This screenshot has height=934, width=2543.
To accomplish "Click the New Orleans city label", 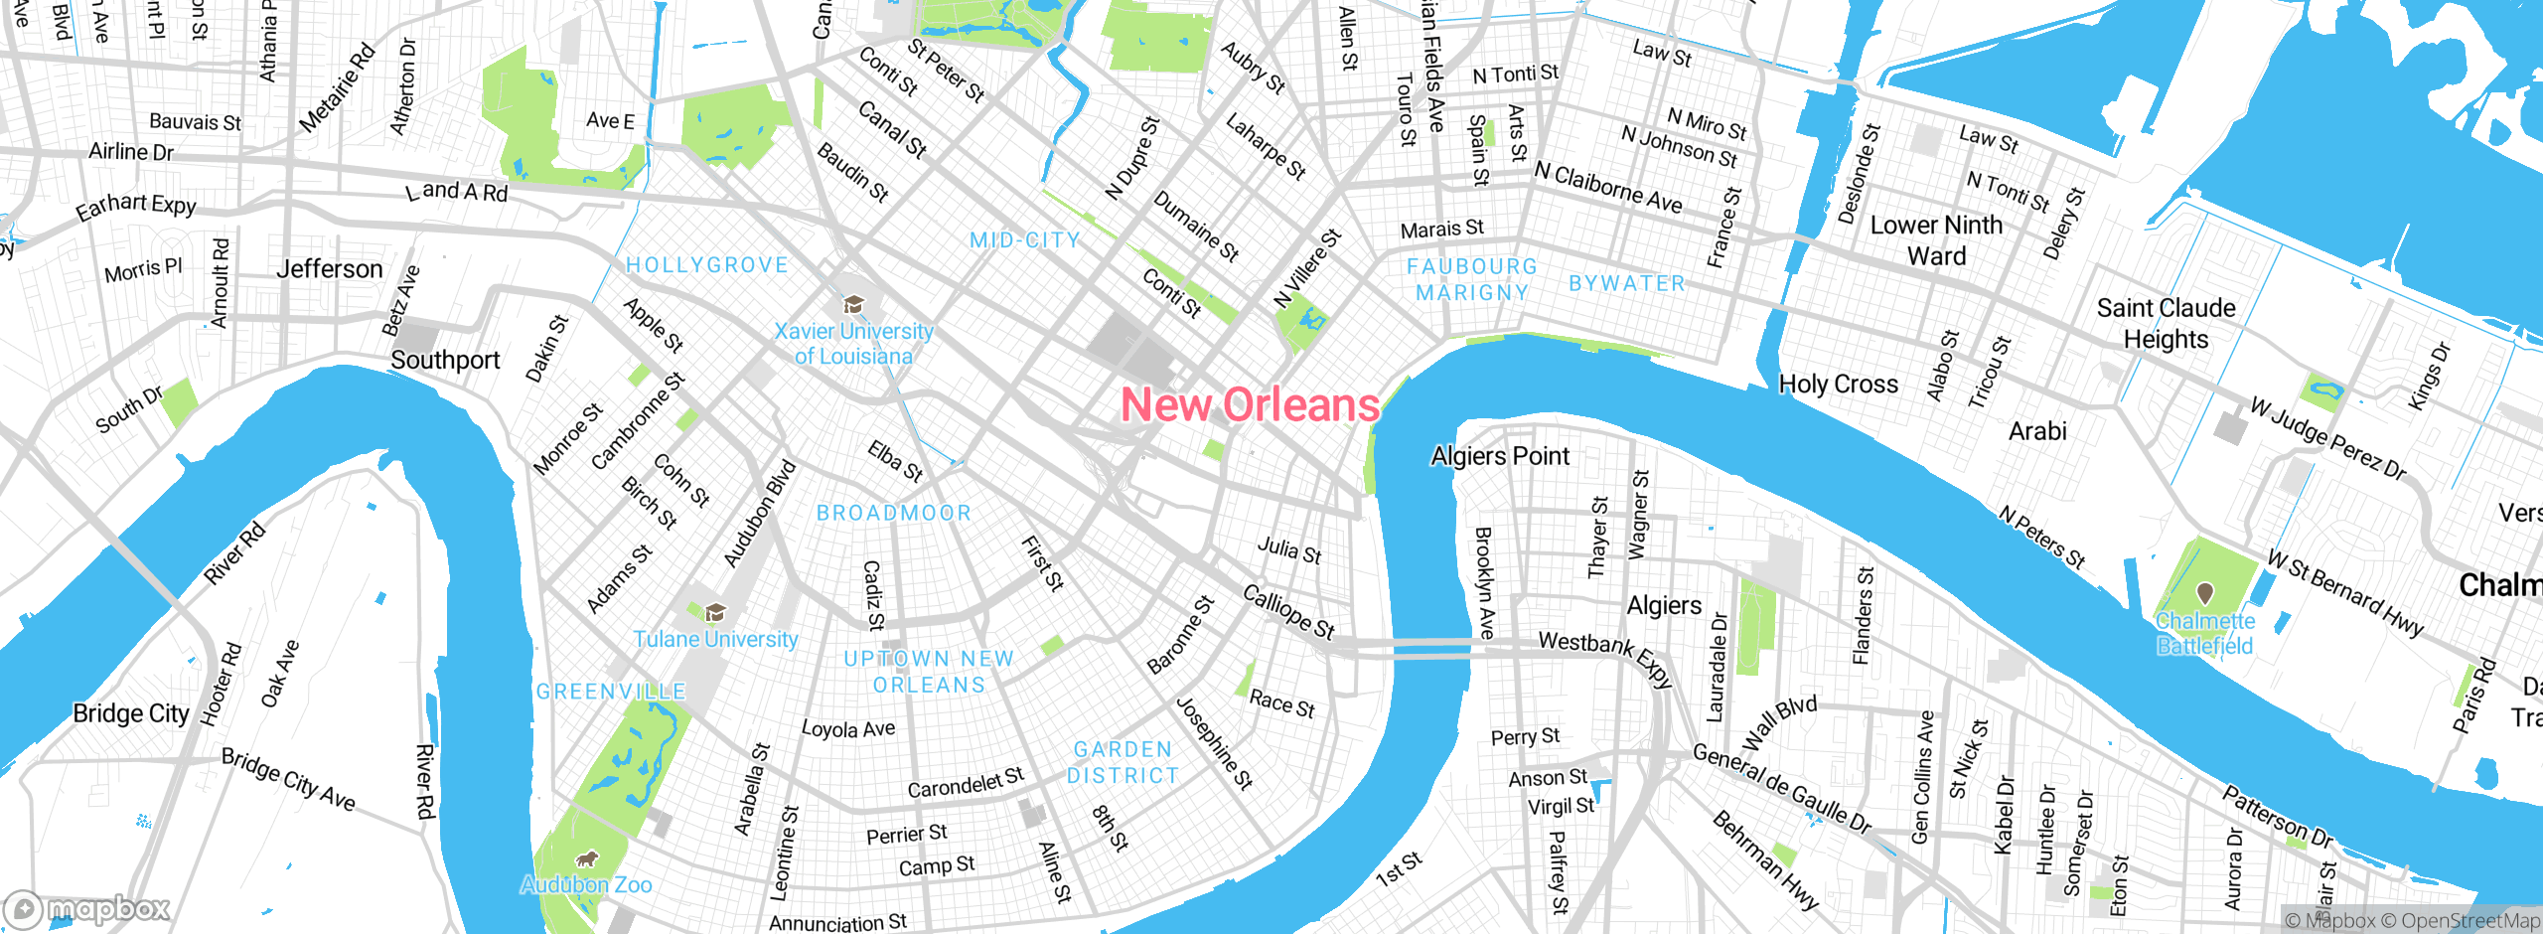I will tap(1250, 405).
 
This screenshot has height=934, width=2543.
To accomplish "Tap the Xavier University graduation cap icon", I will tap(852, 304).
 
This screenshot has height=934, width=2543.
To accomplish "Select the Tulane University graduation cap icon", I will tap(715, 612).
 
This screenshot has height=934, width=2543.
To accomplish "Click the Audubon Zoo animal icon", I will tap(587, 857).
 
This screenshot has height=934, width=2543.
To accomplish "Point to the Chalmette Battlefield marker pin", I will tap(2205, 593).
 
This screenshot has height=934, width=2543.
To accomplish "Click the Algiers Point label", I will tap(1500, 456).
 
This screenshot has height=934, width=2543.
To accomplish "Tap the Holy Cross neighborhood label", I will tap(1838, 385).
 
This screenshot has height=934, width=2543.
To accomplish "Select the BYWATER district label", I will tap(1627, 283).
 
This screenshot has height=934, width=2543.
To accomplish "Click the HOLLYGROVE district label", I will tap(706, 265).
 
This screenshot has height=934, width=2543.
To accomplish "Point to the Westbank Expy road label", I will tap(1605, 656).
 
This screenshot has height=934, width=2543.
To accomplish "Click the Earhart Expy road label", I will tap(136, 207).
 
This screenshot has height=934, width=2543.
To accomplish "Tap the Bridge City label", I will tap(130, 713).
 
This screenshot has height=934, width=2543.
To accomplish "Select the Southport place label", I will tap(445, 360).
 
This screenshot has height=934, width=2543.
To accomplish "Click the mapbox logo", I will tap(87, 909).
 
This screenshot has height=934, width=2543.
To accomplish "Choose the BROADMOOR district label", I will tap(893, 513).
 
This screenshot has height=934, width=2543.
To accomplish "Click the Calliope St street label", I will tap(1288, 611).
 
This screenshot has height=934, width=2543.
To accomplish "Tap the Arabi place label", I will tap(2037, 431).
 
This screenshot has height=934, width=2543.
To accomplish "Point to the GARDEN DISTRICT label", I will tap(1123, 762).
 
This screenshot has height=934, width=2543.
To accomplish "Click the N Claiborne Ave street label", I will tap(1607, 188).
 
